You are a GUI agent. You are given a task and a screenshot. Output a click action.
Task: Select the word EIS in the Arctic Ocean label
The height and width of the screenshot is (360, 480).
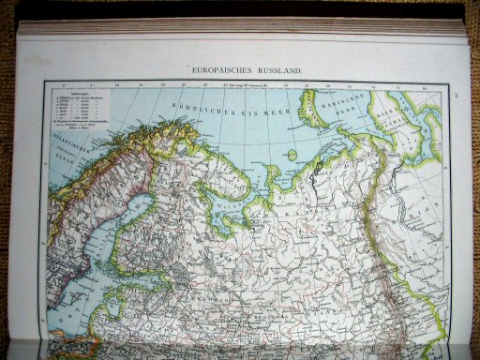pyautogui.click(x=245, y=105)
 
